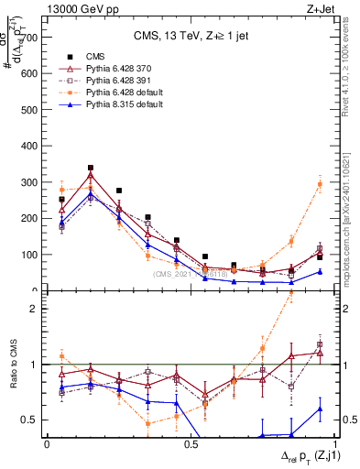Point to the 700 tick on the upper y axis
click(x=31, y=38)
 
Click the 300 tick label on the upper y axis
click(x=31, y=182)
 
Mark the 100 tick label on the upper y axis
click(x=31, y=255)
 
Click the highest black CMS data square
click(x=91, y=169)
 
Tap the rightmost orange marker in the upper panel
click(x=320, y=184)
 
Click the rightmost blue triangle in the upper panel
click(x=320, y=271)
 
